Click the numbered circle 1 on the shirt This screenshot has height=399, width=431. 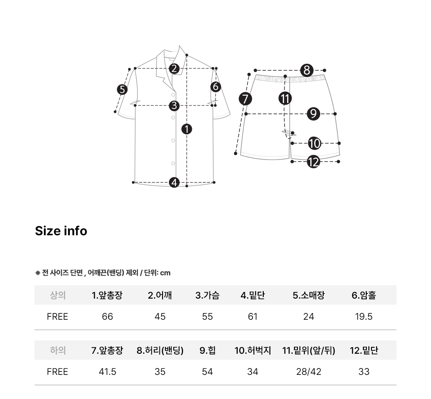tap(187, 129)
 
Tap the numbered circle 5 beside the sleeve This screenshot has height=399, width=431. tap(122, 90)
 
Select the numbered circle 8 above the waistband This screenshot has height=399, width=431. tap(307, 70)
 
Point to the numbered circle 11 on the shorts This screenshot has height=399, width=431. tap(285, 98)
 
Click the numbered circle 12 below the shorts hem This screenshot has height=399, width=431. tap(313, 162)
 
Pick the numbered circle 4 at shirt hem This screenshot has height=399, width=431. tap(174, 182)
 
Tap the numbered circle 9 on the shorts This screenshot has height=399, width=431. tap(313, 114)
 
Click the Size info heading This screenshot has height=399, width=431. tap(61, 231)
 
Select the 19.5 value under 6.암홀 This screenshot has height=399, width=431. tap(364, 317)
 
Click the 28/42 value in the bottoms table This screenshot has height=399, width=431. tap(309, 372)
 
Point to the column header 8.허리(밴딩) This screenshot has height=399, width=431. tap(160, 350)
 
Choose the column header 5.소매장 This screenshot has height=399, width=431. tap(309, 295)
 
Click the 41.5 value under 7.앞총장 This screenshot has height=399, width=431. tap(107, 372)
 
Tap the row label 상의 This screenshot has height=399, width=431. tap(58, 295)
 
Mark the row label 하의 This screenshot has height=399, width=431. tap(58, 350)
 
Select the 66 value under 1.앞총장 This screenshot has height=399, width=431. tap(107, 317)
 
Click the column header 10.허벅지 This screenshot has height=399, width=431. tap(253, 350)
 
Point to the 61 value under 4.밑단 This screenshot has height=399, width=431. tap(253, 317)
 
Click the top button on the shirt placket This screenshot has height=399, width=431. tap(173, 95)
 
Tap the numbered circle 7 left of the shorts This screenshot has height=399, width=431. tap(245, 99)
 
